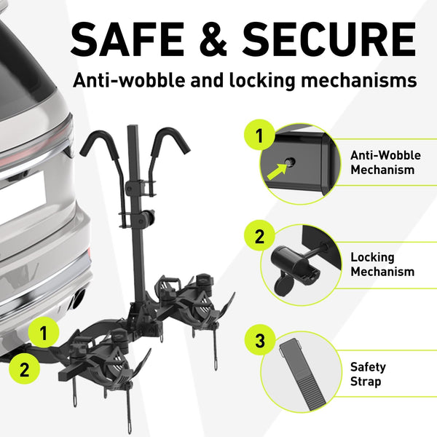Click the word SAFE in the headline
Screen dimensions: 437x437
click(127, 39)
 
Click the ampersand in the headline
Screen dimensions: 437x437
click(213, 39)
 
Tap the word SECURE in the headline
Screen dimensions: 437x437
click(329, 39)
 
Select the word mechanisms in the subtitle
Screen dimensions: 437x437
click(359, 80)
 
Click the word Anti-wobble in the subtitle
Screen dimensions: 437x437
click(129, 80)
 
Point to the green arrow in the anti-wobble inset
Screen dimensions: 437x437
click(277, 171)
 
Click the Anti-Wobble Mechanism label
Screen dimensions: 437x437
click(385, 162)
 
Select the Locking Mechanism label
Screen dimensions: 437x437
click(382, 264)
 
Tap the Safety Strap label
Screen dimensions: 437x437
click(368, 374)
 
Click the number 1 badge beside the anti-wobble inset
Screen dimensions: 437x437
click(259, 135)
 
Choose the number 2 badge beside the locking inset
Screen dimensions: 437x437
click(259, 236)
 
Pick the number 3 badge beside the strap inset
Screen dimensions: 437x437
click(260, 340)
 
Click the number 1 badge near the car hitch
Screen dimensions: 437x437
click(44, 332)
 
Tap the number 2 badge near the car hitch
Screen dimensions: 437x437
click(24, 369)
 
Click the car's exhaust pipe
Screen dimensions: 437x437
click(79, 299)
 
